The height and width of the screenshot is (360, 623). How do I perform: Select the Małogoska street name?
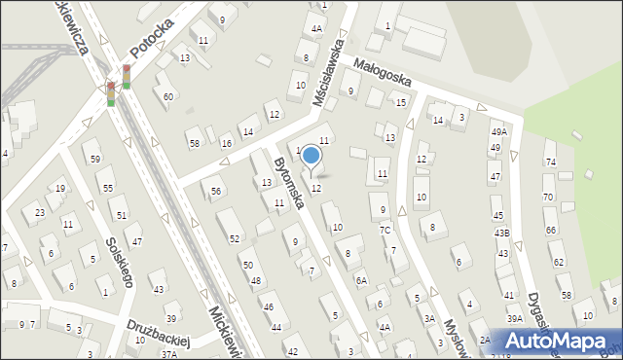click(x=383, y=73)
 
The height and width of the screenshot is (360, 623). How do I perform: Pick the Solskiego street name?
click(x=120, y=261)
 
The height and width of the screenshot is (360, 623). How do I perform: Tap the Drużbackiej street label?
click(x=157, y=333)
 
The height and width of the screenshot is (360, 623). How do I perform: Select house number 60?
click(x=168, y=96)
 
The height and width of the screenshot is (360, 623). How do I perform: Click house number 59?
click(x=94, y=159)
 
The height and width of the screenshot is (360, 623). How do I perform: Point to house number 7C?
click(x=385, y=230)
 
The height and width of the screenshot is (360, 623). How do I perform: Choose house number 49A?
click(x=498, y=131)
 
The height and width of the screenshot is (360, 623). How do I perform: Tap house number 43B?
click(x=501, y=233)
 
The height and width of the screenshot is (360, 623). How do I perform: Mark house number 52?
click(x=235, y=238)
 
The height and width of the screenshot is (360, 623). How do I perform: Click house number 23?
click(x=40, y=212)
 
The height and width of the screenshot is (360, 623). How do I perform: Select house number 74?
click(x=549, y=162)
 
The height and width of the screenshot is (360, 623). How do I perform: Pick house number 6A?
click(x=361, y=280)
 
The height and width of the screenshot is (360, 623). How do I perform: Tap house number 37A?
click(x=169, y=354)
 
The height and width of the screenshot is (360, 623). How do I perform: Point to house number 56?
click(x=215, y=192)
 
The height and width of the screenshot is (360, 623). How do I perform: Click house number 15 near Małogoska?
click(x=400, y=102)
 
